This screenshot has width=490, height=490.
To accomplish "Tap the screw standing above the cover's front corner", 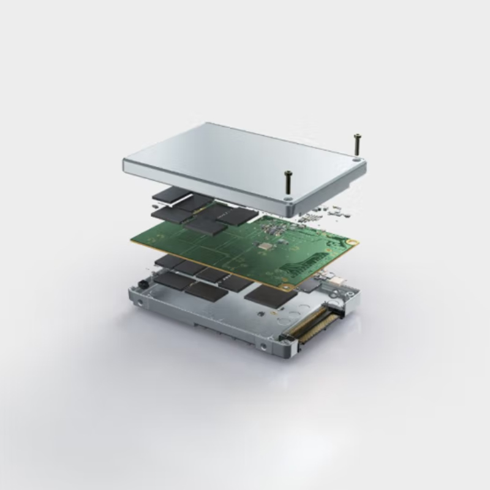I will (x=287, y=182).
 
